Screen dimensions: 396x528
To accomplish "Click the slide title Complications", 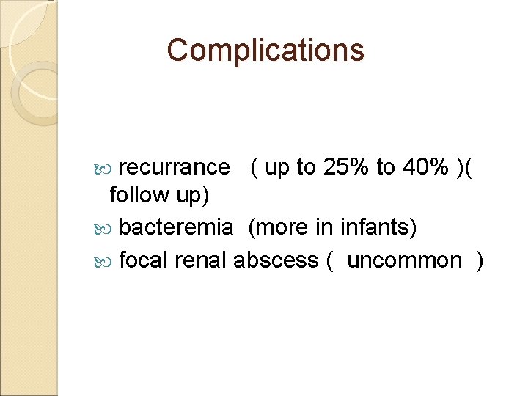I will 265,51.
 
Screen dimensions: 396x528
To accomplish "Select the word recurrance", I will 174,168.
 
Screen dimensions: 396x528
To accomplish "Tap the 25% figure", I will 346,168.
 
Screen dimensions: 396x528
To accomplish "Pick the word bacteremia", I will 176,228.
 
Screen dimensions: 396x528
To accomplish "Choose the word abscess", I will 275,260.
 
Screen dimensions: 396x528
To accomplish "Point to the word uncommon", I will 404,260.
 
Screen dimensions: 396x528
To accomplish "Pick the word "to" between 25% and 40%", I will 386,168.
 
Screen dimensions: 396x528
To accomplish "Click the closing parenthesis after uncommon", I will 480,260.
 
